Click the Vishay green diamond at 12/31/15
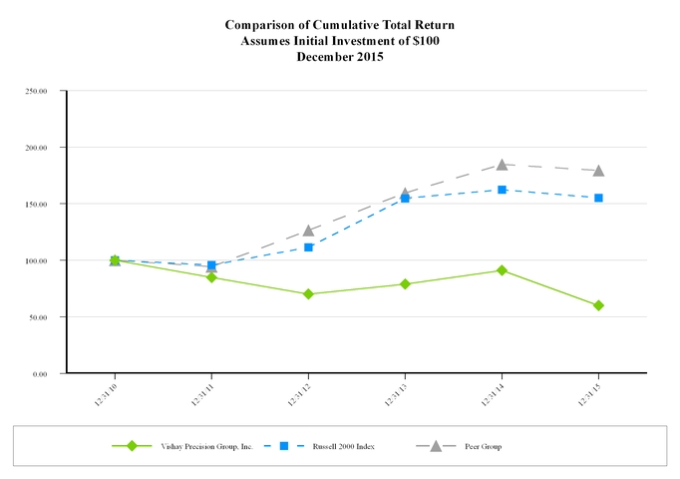pyautogui.click(x=598, y=305)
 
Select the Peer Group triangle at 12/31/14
pyautogui.click(x=502, y=164)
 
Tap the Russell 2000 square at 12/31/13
pyautogui.click(x=405, y=199)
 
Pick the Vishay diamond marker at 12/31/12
pyautogui.click(x=308, y=294)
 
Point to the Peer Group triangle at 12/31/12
pyautogui.click(x=308, y=231)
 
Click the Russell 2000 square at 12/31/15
pyautogui.click(x=598, y=198)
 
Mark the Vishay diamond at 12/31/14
pyautogui.click(x=502, y=270)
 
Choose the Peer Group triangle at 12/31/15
pyautogui.click(x=598, y=171)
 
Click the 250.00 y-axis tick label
pyautogui.click(x=38, y=91)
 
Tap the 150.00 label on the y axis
pyautogui.click(x=38, y=204)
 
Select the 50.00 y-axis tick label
pyautogui.click(x=40, y=317)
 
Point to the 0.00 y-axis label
pyautogui.click(x=42, y=373)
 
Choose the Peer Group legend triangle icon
pyautogui.click(x=436, y=445)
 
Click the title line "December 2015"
pyautogui.click(x=340, y=57)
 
